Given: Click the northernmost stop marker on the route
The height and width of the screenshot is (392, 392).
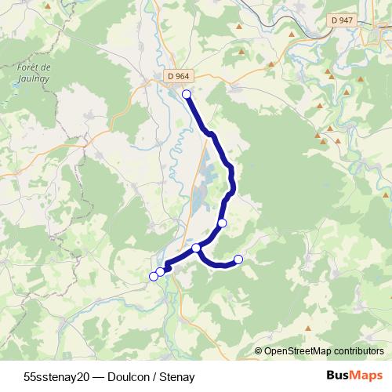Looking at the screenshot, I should [x=187, y=95].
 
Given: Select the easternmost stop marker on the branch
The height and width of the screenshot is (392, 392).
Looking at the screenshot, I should [x=238, y=260].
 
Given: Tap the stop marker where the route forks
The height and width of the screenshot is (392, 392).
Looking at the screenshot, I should [x=196, y=248].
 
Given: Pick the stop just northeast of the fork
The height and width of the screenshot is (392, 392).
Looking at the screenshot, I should [x=222, y=223].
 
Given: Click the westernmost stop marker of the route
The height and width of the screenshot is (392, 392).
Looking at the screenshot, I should [x=154, y=276].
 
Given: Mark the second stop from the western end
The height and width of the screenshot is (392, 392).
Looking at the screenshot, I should [x=161, y=271].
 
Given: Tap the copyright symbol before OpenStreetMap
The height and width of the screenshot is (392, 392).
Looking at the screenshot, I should [x=259, y=351].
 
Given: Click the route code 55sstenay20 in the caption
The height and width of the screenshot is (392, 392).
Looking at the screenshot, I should [x=57, y=376].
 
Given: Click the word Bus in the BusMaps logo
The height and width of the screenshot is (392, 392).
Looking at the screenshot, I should [x=338, y=376].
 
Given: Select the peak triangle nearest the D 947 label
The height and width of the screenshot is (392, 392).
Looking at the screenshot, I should [x=324, y=34].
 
